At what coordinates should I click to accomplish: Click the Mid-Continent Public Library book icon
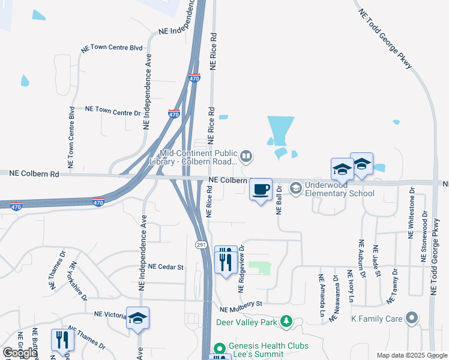pyautogui.click(x=246, y=157)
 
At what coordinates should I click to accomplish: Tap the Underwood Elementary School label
pyautogui.click(x=340, y=189)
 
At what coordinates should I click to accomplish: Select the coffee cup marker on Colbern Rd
pyautogui.click(x=261, y=190)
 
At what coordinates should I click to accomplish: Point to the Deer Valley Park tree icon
pyautogui.click(x=286, y=322)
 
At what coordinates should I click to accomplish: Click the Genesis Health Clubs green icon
pyautogui.click(x=220, y=348)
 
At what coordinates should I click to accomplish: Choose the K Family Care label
pyautogui.click(x=376, y=318)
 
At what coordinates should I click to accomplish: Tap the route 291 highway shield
pyautogui.click(x=201, y=245)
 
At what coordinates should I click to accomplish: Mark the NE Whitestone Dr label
pyautogui.click(x=412, y=213)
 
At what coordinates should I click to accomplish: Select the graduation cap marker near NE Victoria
pyautogui.click(x=137, y=319)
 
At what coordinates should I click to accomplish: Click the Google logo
pyautogui.click(x=20, y=352)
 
